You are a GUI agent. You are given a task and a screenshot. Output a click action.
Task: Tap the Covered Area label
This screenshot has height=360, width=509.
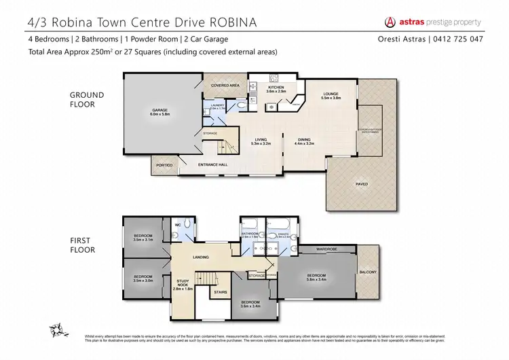point(225,86)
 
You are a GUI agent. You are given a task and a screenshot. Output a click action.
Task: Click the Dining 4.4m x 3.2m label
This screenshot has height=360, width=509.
point(303,141)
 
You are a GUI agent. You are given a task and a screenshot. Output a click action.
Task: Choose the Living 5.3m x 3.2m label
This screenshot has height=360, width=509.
point(261,141)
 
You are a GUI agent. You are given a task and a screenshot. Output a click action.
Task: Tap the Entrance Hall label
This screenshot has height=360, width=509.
point(212,165)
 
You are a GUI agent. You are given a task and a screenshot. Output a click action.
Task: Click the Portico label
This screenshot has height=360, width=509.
point(164,165)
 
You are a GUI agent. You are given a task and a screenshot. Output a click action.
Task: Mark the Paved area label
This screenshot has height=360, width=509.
point(362,183)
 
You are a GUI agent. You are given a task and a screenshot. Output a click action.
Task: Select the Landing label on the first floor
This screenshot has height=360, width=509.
point(200,256)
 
